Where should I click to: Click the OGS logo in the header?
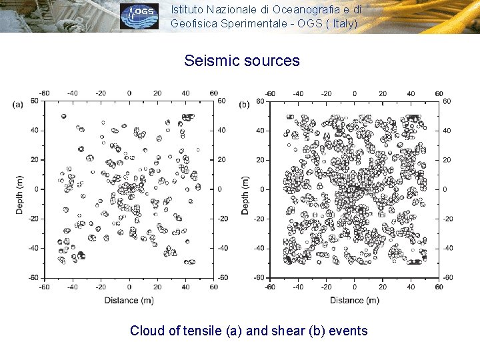click(x=139, y=17)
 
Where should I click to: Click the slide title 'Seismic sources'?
click(x=242, y=61)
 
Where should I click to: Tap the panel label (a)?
click(x=18, y=104)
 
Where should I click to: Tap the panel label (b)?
click(x=245, y=104)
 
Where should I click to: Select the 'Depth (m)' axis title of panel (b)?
click(x=245, y=195)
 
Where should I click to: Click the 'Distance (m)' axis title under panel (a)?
click(x=129, y=301)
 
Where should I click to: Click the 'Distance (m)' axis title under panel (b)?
click(x=354, y=301)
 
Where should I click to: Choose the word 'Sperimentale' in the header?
click(x=249, y=23)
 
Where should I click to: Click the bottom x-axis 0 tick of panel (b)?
click(x=354, y=287)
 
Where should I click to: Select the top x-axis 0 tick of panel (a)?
click(x=129, y=93)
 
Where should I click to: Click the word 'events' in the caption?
click(x=347, y=331)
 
